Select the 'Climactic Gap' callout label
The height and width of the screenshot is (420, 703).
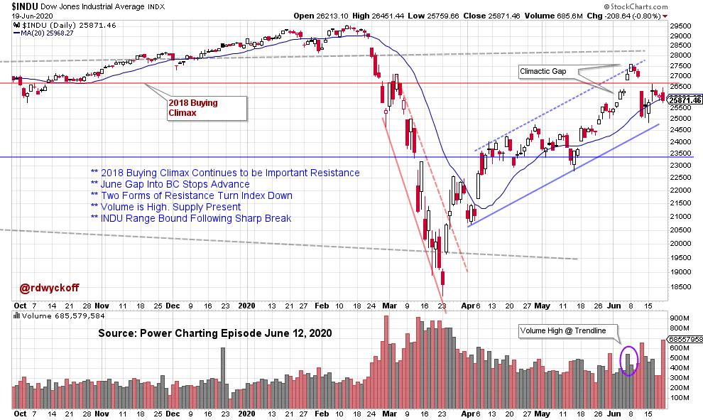tap(543, 71)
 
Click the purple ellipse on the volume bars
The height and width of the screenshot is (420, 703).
tap(628, 360)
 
